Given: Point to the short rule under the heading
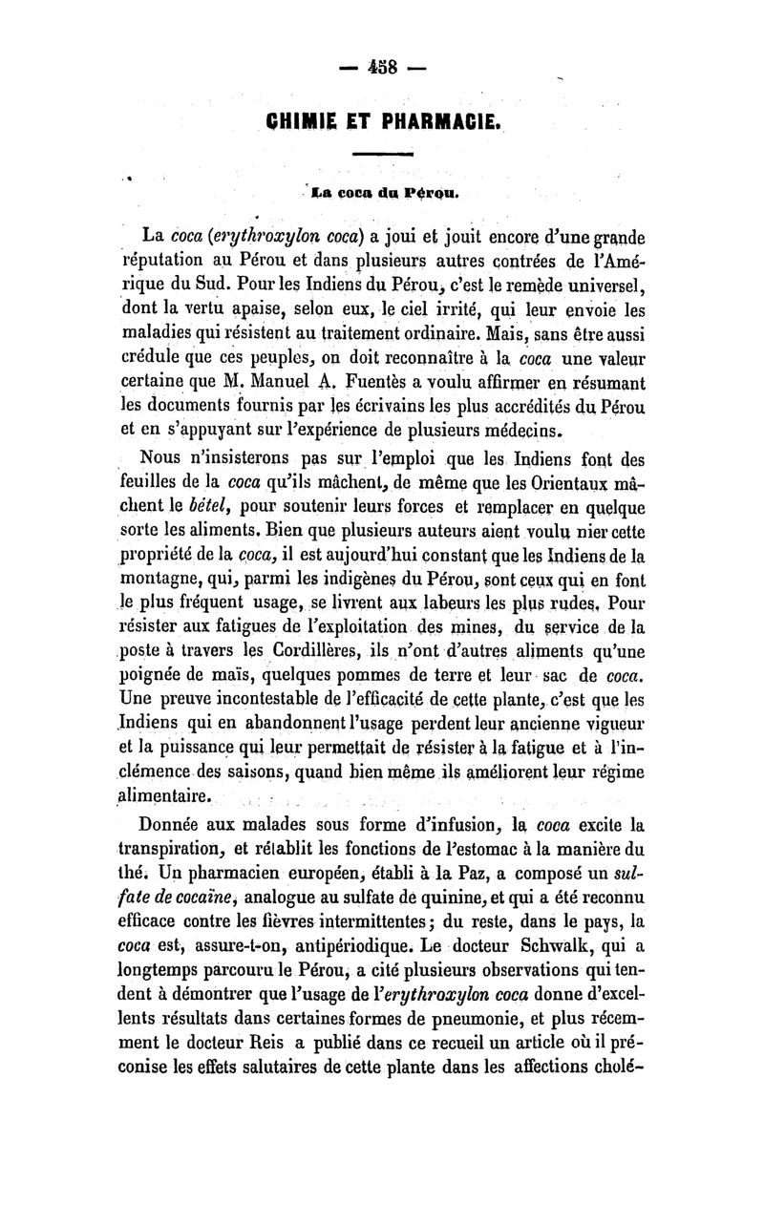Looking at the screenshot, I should (x=382, y=154).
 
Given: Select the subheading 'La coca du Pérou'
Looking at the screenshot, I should (x=381, y=198).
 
